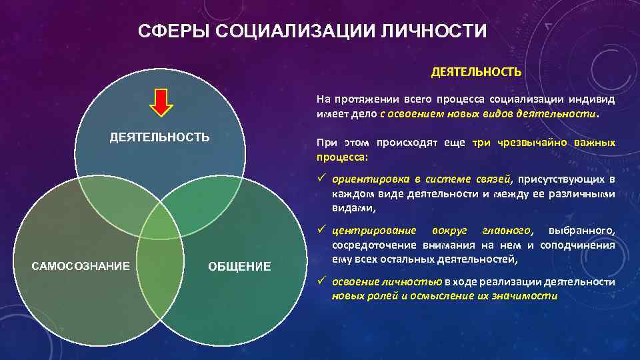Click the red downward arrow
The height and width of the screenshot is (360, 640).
[161, 103]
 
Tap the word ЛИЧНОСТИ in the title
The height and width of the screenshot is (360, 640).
[443, 31]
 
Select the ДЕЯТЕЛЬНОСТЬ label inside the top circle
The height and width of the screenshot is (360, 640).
[159, 137]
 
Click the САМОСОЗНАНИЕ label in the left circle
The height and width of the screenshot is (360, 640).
[81, 266]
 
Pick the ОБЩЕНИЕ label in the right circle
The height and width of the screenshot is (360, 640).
[239, 267]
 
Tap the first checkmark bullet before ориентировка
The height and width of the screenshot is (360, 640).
[321, 179]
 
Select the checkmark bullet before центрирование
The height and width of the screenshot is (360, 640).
[321, 230]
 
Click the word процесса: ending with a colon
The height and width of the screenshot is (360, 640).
[341, 157]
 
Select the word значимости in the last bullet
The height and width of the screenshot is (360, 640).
[531, 295]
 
